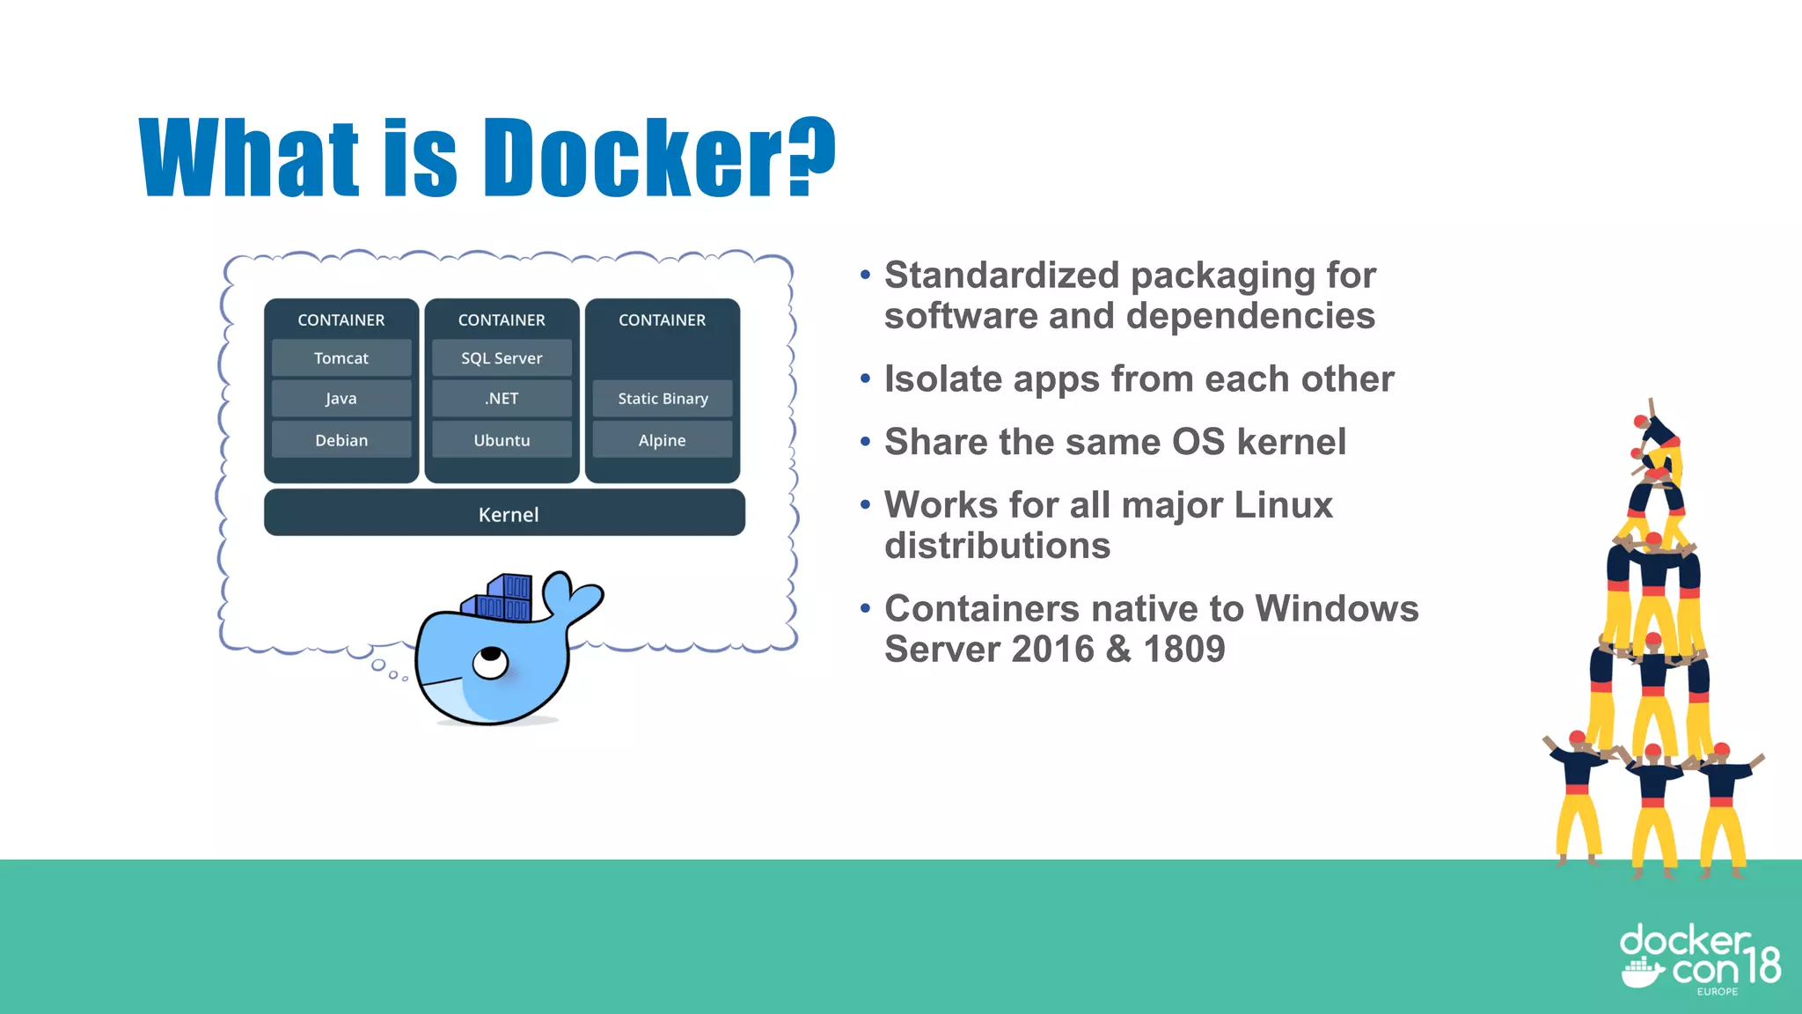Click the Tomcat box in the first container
(x=341, y=358)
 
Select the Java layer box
(x=341, y=399)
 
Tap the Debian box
(x=341, y=440)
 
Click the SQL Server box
(x=502, y=358)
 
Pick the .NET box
(x=502, y=399)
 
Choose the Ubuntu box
(x=502, y=440)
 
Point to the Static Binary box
(x=663, y=399)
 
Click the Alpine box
(x=663, y=440)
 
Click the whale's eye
(x=490, y=661)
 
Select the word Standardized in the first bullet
(x=1000, y=276)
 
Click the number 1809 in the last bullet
(x=1183, y=650)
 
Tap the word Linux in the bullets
(x=1283, y=505)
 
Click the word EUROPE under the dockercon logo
(x=1717, y=992)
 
